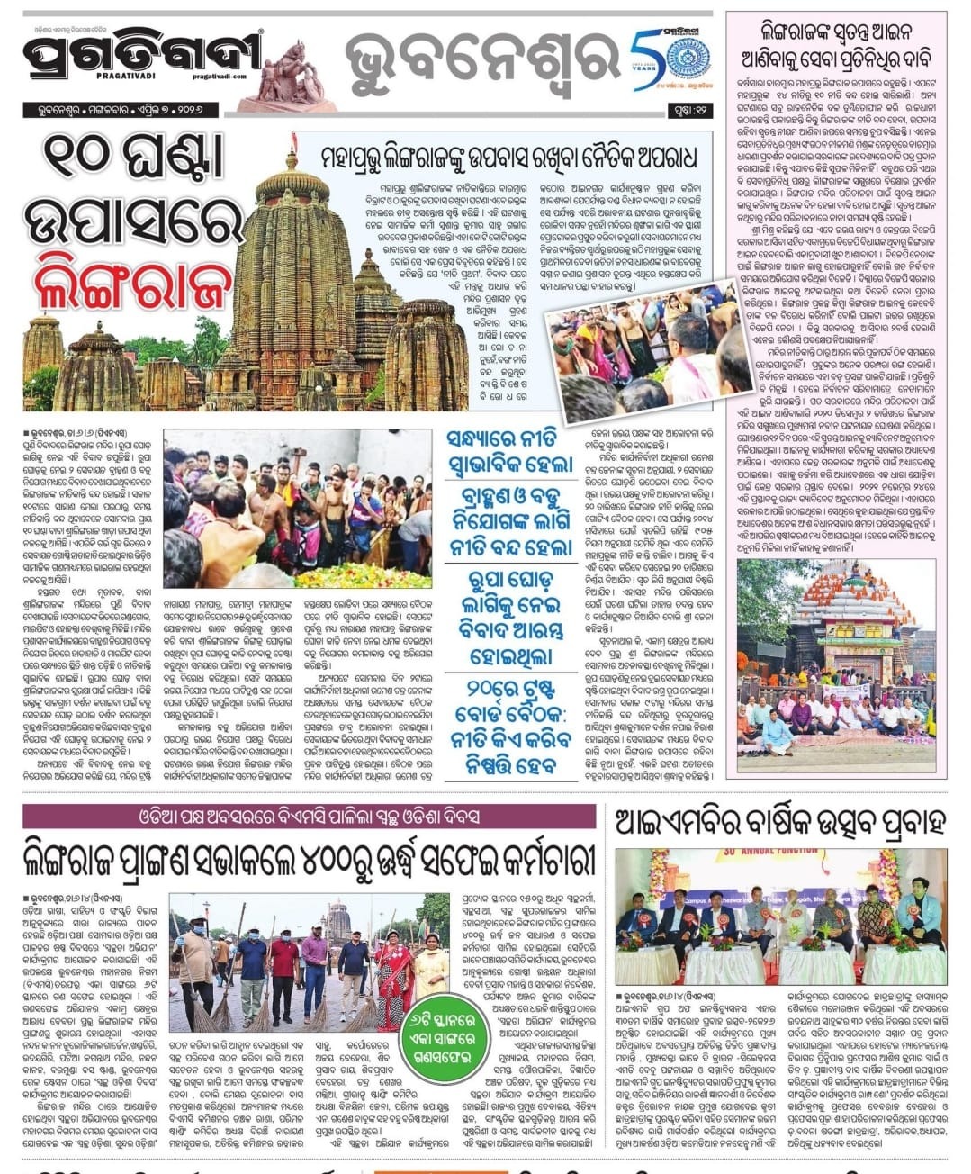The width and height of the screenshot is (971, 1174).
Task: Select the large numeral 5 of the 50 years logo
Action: tap(646, 56)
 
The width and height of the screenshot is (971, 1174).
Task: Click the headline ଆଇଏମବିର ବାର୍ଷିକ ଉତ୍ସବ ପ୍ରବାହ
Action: tap(779, 820)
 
